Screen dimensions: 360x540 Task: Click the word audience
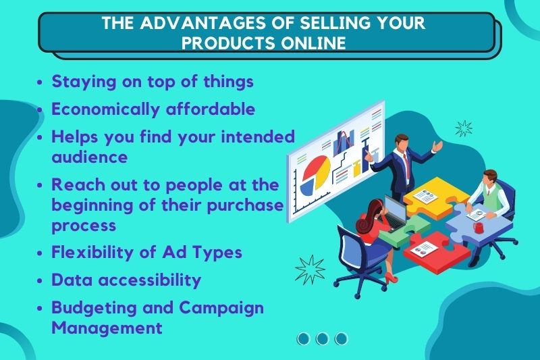point(90,157)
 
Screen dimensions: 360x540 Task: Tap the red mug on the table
point(479,228)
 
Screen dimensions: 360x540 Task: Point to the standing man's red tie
point(406,163)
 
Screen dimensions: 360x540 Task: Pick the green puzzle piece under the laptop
point(405,230)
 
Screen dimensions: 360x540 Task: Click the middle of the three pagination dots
point(322,338)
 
